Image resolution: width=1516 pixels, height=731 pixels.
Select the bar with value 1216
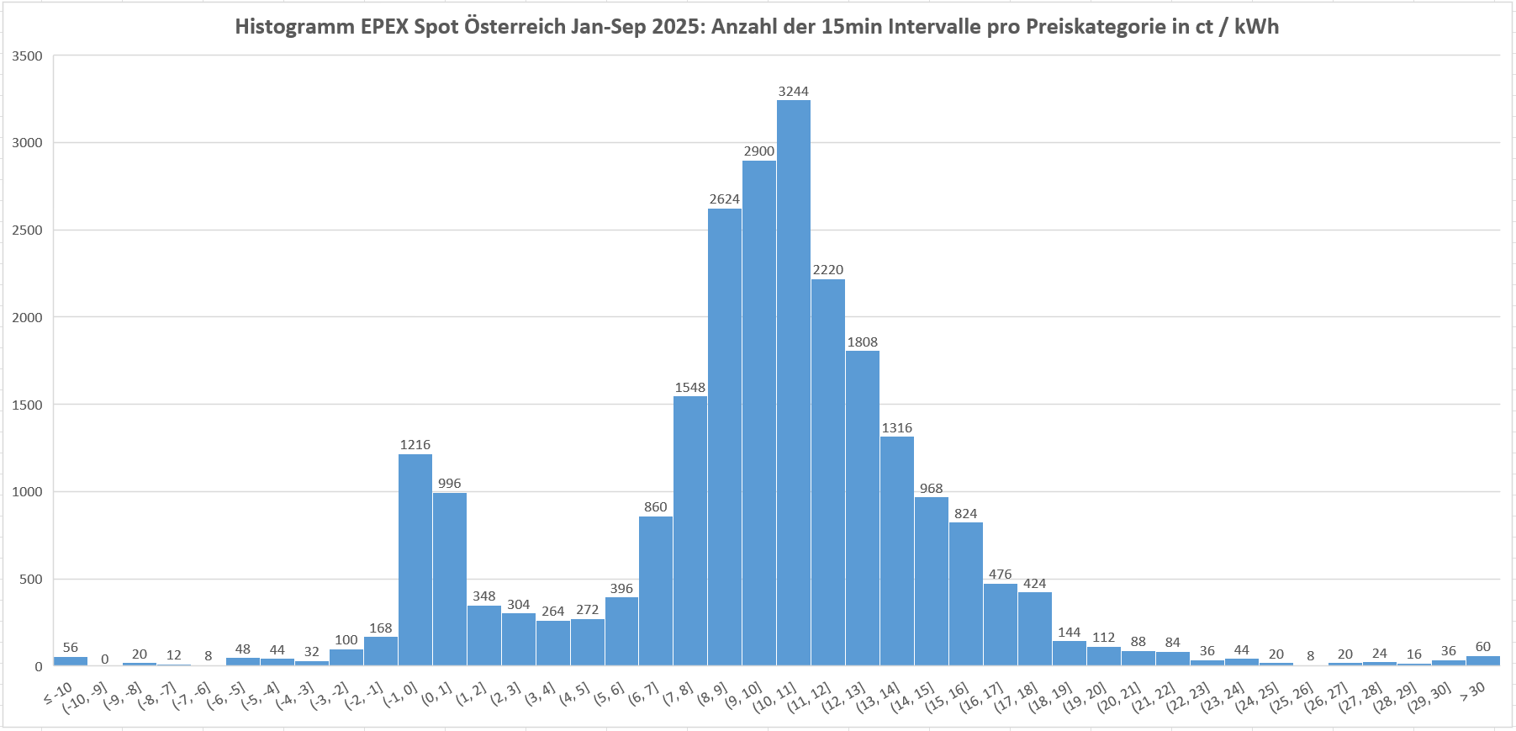pos(415,559)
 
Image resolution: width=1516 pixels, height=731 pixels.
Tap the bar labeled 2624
pos(725,437)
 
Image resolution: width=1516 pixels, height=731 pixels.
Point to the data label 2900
pos(759,151)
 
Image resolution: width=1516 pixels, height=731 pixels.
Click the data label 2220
pos(828,270)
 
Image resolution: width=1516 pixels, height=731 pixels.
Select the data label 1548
pos(690,388)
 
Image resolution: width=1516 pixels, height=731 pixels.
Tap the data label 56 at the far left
pos(71,648)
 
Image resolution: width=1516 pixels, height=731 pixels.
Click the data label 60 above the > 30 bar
pos(1483,647)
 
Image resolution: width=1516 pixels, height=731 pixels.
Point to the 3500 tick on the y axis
pos(28,56)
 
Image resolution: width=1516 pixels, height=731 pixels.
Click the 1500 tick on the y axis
pos(28,405)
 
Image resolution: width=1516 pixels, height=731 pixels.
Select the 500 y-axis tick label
pos(31,580)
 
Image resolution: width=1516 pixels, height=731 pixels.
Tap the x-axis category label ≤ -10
pos(59,694)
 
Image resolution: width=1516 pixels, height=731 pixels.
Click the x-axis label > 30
pos(1472,691)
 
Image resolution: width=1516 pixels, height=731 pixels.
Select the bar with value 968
pos(932,581)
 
